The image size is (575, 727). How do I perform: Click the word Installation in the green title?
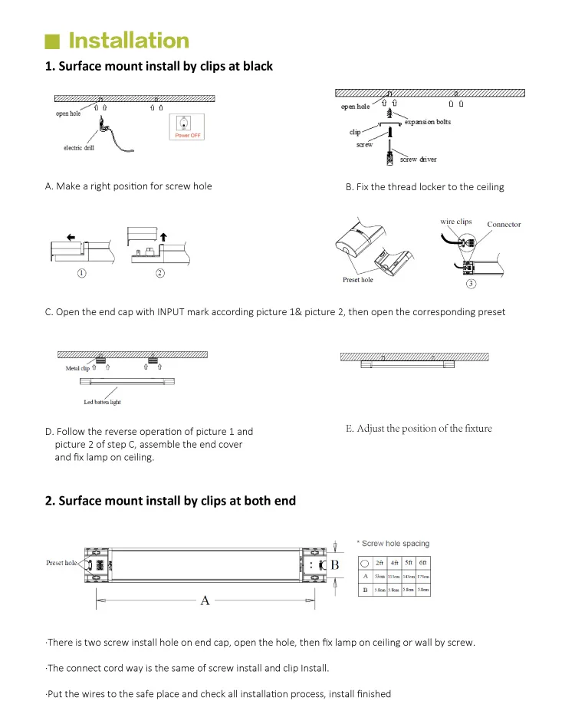tap(129, 40)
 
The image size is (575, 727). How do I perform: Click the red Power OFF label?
tap(188, 135)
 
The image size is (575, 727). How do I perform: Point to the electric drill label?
tap(79, 148)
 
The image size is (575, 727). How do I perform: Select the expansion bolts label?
tap(428, 123)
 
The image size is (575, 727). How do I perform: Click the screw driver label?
tap(419, 160)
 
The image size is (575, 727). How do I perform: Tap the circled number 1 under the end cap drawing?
tap(81, 275)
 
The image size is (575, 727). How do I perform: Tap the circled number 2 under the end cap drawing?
tap(160, 275)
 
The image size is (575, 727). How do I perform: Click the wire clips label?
tap(455, 222)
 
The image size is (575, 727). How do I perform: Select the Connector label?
tap(504, 225)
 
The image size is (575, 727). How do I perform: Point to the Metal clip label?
tap(78, 369)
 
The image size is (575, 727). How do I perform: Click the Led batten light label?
tap(102, 402)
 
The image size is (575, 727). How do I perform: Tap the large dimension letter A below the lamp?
tap(205, 600)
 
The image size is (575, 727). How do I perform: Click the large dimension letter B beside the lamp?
tap(334, 565)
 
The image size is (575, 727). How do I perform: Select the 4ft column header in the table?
tap(393, 562)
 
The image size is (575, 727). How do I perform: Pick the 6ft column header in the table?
tap(422, 562)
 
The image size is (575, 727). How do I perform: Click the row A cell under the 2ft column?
tap(379, 576)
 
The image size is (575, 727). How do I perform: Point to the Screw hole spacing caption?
tap(396, 543)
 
